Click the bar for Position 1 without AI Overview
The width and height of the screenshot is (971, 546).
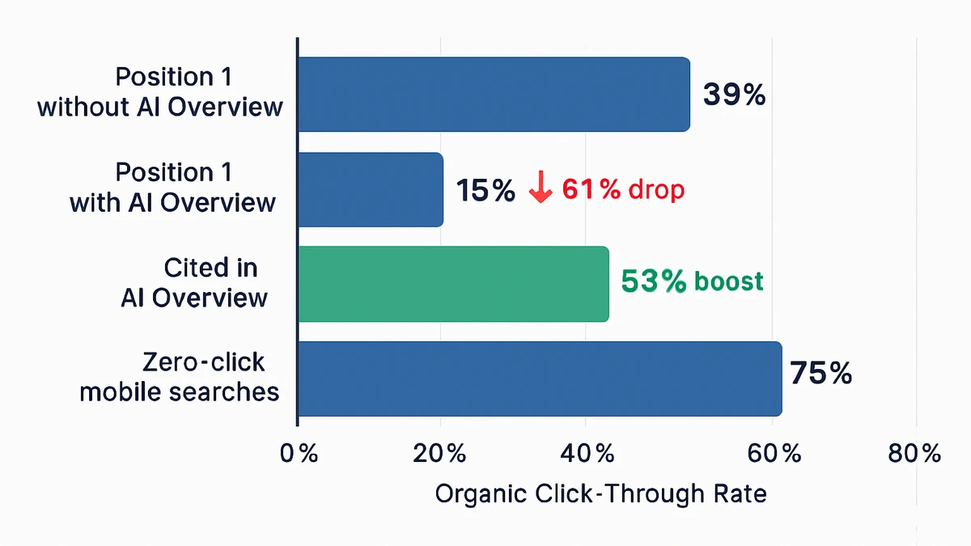click(x=494, y=94)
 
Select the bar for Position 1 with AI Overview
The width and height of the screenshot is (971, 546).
click(x=371, y=189)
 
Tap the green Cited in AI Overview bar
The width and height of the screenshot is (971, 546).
click(x=453, y=284)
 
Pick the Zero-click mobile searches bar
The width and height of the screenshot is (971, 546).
click(x=540, y=379)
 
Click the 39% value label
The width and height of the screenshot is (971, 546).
click(x=734, y=95)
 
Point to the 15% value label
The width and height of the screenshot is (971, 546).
click(x=485, y=191)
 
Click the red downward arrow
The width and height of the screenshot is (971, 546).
click(x=540, y=190)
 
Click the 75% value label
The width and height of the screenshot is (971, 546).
click(x=820, y=374)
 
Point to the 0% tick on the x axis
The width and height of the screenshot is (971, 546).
click(x=299, y=454)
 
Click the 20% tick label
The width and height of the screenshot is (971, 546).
click(x=439, y=454)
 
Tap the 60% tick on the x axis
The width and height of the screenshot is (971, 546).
click(x=774, y=454)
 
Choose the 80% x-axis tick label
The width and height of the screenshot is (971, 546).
click(x=914, y=454)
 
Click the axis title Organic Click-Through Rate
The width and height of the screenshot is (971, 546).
click(x=600, y=493)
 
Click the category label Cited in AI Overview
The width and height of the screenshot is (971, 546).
click(x=194, y=283)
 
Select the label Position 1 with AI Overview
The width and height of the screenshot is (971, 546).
click(x=173, y=188)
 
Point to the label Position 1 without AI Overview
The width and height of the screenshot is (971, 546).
click(x=160, y=92)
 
